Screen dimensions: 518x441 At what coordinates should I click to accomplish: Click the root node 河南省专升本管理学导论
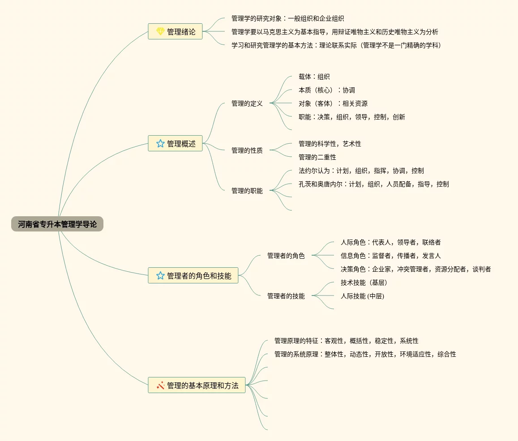tap(57, 224)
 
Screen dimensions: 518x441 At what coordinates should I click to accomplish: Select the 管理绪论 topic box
tap(175, 31)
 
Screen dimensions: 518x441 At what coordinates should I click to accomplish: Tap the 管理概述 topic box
tap(175, 143)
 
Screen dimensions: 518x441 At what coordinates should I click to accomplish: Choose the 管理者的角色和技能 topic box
tap(193, 275)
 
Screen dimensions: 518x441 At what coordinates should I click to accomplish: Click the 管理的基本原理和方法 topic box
tap(197, 385)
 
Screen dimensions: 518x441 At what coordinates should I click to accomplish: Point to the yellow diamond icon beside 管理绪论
tap(160, 31)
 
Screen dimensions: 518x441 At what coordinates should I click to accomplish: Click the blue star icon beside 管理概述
tap(160, 143)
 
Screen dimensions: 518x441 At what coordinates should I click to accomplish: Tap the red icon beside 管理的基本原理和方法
tap(160, 385)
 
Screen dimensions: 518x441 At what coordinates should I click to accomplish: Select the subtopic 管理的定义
tap(247, 103)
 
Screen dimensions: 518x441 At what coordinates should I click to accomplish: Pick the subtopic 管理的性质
tap(247, 150)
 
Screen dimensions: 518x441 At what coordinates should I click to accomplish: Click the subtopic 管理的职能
tap(247, 191)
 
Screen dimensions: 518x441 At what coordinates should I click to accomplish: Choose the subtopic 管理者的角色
tap(286, 256)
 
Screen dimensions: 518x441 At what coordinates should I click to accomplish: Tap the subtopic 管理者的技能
tap(286, 296)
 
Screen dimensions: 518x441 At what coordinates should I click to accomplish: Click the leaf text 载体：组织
tap(314, 77)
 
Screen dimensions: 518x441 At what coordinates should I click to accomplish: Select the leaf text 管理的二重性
tap(317, 157)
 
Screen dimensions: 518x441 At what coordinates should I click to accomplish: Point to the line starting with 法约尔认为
tap(361, 171)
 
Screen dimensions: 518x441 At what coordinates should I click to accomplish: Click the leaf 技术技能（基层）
tap(364, 283)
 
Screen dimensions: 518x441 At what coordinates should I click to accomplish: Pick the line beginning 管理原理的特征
tap(347, 341)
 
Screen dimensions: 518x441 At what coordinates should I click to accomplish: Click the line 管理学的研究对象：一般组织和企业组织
tap(288, 18)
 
